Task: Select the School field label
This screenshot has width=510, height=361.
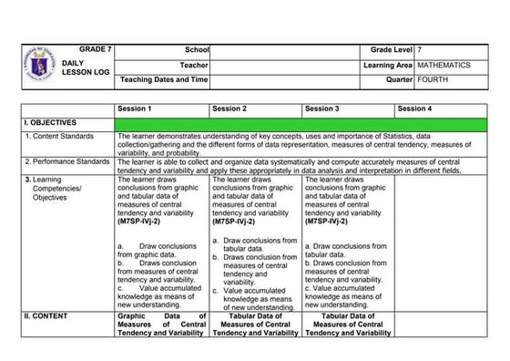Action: [x=196, y=47]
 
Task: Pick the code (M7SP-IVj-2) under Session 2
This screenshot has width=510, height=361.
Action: [x=235, y=221]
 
